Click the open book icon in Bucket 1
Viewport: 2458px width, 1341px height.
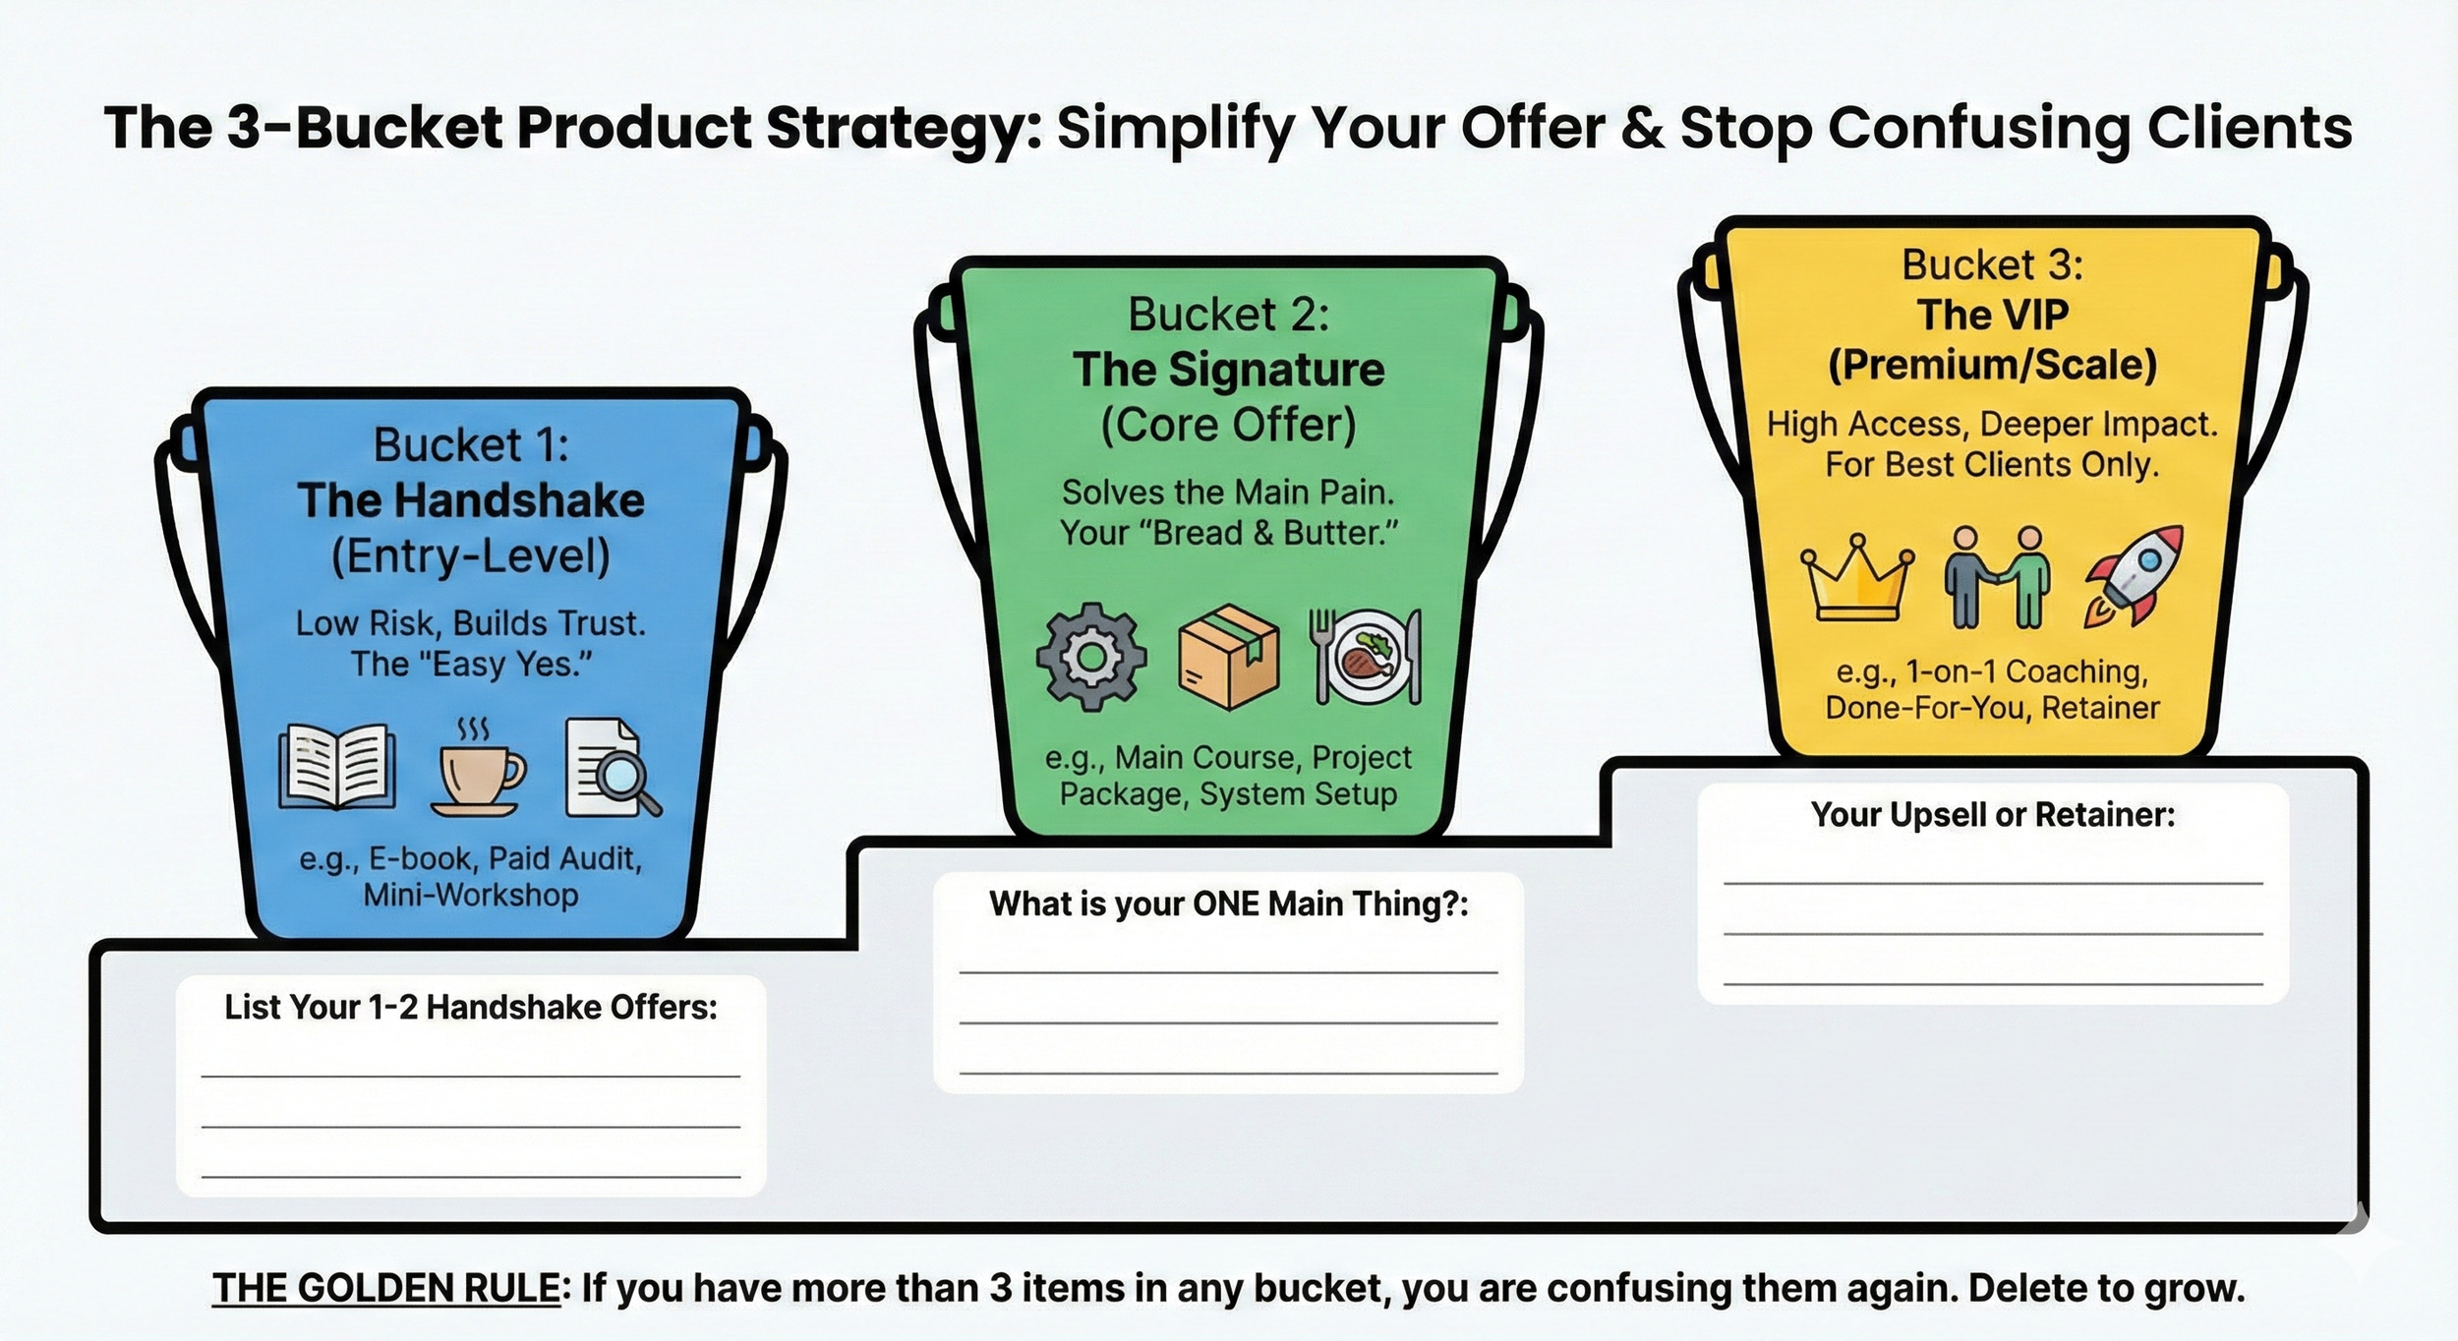(337, 768)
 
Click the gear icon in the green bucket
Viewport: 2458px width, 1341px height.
(1091, 657)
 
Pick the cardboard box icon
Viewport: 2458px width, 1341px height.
(1229, 657)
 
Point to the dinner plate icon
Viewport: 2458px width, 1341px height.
(1367, 657)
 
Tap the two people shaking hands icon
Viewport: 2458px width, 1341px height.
(1996, 578)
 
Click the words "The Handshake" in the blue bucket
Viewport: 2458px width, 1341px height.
(472, 500)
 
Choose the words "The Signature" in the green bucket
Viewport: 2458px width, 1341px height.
(1229, 370)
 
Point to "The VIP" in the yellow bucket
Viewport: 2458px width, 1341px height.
(1993, 315)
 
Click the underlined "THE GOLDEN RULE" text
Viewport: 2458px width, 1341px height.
(385, 1288)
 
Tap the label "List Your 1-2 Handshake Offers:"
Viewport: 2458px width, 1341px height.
(471, 1007)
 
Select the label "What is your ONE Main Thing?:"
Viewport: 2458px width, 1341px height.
(1228, 904)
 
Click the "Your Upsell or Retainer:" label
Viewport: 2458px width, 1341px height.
(1993, 814)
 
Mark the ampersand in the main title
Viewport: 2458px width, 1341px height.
(1642, 128)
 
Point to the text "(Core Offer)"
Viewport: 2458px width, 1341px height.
(1229, 425)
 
